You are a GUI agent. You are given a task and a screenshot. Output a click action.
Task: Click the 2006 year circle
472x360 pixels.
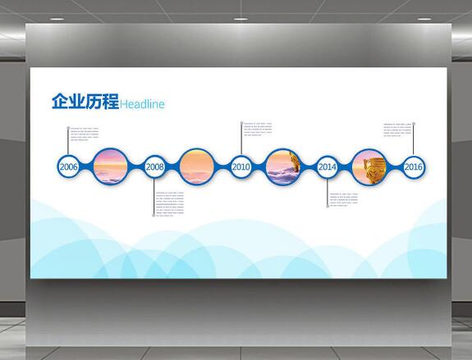pyautogui.click(x=69, y=166)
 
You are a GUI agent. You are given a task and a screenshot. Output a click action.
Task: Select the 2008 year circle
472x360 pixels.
pyautogui.click(x=155, y=166)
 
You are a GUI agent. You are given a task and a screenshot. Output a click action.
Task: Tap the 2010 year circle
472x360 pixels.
pyautogui.click(x=241, y=166)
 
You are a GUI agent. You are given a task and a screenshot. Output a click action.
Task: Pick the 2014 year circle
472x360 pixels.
pyautogui.click(x=328, y=166)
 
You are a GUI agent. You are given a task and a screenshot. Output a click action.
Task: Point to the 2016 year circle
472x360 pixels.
pyautogui.click(x=414, y=166)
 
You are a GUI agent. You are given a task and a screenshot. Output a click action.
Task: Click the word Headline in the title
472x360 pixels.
pyautogui.click(x=143, y=104)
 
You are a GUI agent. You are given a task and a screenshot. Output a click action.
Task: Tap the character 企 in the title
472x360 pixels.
pyautogui.click(x=60, y=103)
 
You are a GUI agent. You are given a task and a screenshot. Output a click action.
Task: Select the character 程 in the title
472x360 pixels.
pyautogui.click(x=110, y=103)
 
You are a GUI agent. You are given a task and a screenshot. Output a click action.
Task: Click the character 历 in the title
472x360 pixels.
pyautogui.click(x=94, y=103)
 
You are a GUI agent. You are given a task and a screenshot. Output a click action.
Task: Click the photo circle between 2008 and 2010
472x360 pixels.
pyautogui.click(x=198, y=166)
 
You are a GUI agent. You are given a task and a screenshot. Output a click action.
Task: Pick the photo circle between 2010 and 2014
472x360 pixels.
pyautogui.click(x=284, y=166)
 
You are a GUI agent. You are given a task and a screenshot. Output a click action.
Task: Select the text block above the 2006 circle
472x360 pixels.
pyautogui.click(x=85, y=132)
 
